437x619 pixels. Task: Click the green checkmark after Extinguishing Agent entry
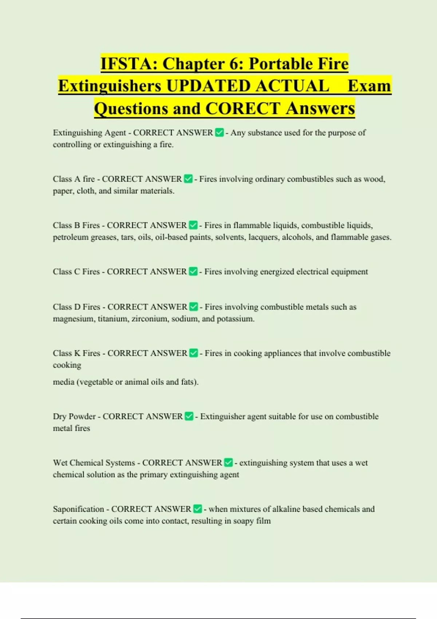click(x=219, y=133)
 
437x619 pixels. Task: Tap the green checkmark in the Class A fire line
click(x=188, y=179)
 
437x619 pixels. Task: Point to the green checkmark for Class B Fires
click(x=193, y=225)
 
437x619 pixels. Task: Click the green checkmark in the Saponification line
click(x=197, y=509)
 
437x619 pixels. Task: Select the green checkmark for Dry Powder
click(x=189, y=417)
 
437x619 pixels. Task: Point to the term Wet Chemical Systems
click(x=94, y=463)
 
